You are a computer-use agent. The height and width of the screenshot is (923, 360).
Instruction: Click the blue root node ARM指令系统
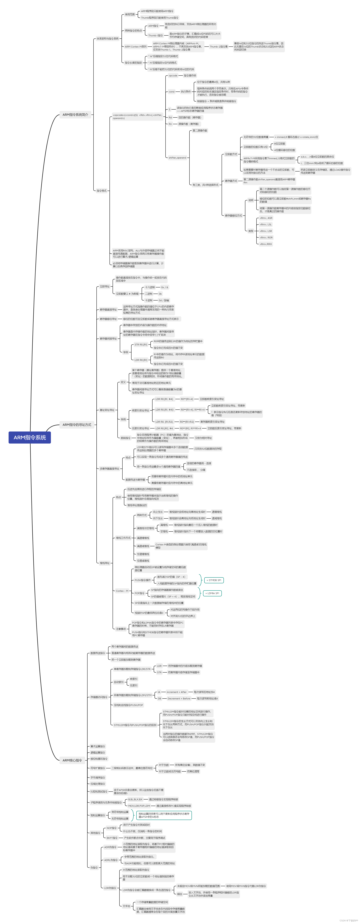30,437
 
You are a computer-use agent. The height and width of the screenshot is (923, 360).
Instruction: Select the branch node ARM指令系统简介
75,115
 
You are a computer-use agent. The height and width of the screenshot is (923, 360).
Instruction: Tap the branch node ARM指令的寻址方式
77,425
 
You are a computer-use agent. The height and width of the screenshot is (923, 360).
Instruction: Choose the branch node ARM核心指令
72,760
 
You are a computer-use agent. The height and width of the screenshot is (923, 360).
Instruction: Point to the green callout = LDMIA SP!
212,593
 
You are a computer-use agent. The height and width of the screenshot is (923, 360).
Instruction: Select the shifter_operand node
177,158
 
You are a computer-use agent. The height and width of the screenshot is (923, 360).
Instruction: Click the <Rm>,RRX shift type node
265,244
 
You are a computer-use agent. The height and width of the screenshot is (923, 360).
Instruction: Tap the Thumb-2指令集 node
218,47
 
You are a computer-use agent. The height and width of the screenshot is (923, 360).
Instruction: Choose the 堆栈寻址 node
105,563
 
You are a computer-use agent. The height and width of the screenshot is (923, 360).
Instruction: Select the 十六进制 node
150,287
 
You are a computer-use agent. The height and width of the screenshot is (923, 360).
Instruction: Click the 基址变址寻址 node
107,410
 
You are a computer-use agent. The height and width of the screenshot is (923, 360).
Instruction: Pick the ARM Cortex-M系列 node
135,47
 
